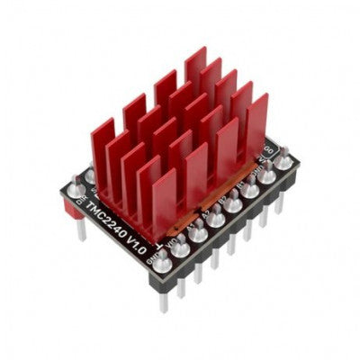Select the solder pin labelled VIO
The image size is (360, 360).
click(x=179, y=248)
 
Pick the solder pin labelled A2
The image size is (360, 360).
click(x=215, y=219)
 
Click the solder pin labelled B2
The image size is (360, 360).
click(x=233, y=204)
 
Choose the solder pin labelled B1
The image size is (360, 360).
click(x=249, y=191)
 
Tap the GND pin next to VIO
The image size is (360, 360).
click(x=162, y=263)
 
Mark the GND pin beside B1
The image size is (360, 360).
click(x=266, y=176)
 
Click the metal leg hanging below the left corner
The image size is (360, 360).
click(x=81, y=229)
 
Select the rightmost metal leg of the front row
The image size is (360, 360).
click(x=280, y=202)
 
